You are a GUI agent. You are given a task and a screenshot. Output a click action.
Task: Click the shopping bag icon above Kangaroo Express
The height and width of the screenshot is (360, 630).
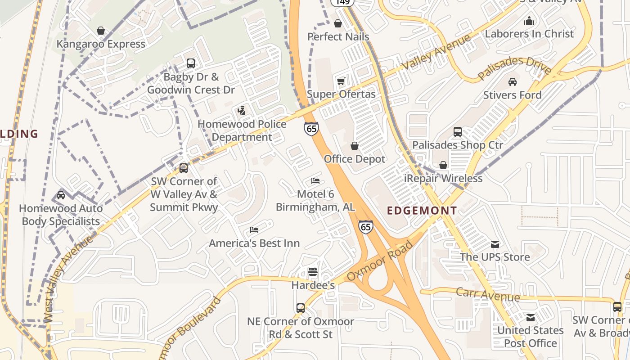coord(101,31)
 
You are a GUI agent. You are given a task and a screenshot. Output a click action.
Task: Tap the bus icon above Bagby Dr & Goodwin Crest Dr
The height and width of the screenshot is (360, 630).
coord(191,63)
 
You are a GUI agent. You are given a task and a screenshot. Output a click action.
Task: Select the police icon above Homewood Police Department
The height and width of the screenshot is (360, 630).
coord(242,110)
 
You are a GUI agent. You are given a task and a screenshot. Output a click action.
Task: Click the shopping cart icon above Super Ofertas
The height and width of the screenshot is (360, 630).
coord(341,81)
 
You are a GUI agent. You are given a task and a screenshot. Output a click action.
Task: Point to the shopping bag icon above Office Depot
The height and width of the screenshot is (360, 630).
coord(355,146)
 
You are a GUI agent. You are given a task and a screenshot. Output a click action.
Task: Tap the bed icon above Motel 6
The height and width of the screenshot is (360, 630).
coord(315,181)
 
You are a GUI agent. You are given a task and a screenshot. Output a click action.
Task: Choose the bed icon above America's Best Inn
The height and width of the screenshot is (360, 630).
coord(254,230)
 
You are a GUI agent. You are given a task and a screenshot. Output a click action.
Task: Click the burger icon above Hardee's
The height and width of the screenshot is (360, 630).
coord(313,272)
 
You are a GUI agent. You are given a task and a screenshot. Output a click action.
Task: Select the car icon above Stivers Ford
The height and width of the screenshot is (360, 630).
coord(512,82)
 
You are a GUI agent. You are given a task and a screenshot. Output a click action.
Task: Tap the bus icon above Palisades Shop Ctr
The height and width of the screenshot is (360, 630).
coord(458,132)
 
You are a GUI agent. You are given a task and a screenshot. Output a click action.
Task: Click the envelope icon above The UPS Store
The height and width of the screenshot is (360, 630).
coord(495,244)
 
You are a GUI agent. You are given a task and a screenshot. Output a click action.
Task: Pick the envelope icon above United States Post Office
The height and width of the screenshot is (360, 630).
coord(531,317)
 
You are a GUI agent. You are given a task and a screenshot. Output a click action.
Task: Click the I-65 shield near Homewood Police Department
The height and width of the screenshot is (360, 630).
coord(311,129)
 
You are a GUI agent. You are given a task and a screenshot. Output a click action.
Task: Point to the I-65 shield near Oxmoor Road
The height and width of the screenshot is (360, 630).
coord(366,227)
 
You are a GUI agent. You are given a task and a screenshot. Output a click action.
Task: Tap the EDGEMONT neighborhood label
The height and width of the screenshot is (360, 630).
coord(422,211)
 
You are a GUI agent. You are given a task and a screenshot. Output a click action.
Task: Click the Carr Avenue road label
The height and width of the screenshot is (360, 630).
coord(488,295)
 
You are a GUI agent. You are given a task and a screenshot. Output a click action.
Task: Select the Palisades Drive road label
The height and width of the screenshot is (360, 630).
coord(514,68)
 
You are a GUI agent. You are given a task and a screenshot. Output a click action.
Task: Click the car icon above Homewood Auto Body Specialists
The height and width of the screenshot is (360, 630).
coord(61,195)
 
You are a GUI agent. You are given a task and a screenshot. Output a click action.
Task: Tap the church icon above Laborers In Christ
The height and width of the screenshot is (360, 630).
coord(529,21)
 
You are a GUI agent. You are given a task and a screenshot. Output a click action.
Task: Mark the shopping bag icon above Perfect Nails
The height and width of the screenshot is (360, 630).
coord(338,23)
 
